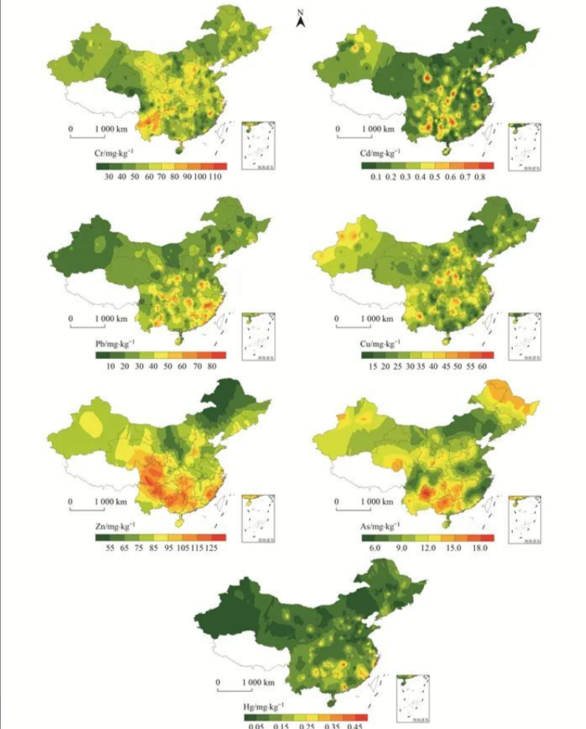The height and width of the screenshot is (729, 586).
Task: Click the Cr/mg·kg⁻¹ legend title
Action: click(116, 154)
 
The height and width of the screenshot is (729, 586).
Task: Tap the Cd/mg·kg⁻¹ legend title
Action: click(381, 154)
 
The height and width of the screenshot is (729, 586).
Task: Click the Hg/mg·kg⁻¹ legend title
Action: click(264, 705)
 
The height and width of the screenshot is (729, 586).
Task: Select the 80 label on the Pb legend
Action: click(213, 367)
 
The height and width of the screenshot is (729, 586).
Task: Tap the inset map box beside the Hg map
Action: click(413, 697)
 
